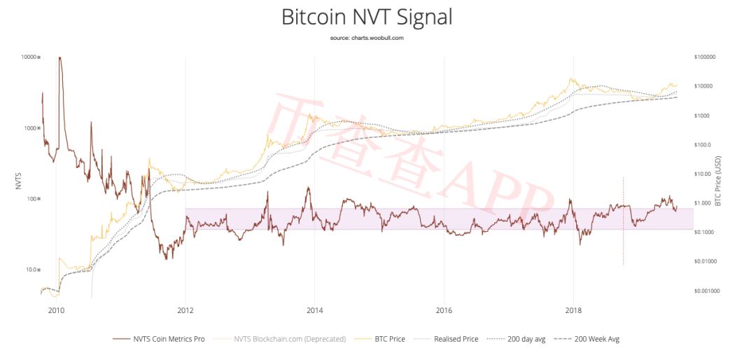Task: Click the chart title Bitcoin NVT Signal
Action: pos(367,17)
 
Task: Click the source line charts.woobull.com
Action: pos(367,38)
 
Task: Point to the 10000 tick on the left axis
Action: pos(29,57)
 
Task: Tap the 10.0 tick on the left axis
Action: pos(31,270)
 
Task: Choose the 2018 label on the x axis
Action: pos(573,309)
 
